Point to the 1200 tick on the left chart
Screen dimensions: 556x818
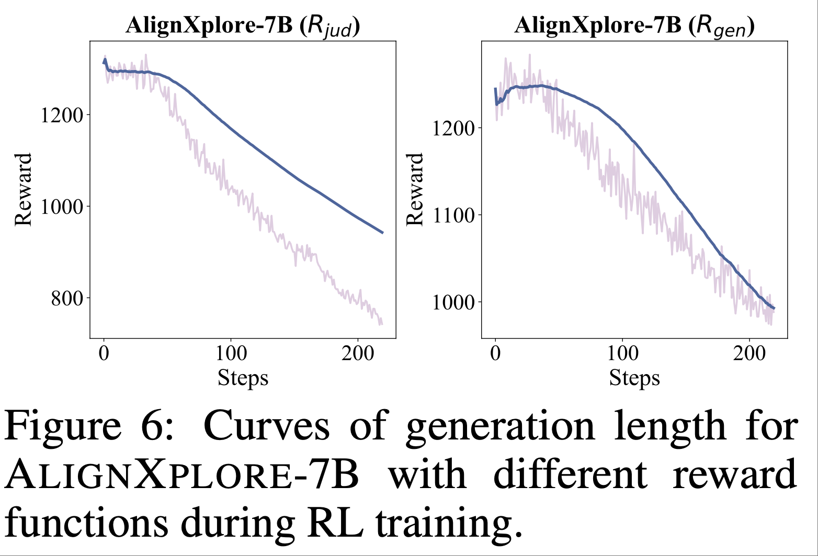[62, 115]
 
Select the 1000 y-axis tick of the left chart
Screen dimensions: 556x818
[62, 206]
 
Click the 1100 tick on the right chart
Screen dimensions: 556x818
[453, 215]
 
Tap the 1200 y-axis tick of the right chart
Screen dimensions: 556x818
[453, 128]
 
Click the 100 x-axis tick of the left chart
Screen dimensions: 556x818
[231, 354]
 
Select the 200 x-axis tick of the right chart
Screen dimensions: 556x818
[749, 354]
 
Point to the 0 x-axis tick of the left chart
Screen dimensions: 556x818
[104, 354]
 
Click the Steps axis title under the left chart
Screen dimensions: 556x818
[243, 377]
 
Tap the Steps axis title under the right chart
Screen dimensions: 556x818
[634, 377]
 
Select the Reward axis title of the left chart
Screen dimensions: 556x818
[24, 189]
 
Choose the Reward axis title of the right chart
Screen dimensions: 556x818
[415, 189]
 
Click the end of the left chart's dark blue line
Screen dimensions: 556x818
[383, 233]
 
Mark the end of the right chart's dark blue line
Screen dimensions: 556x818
[774, 308]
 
